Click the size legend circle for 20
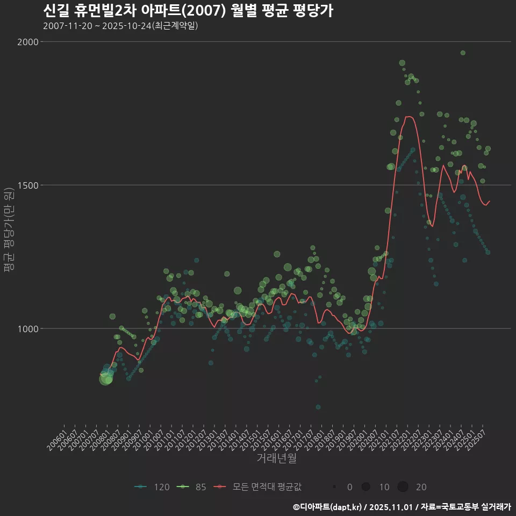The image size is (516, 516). click(x=403, y=487)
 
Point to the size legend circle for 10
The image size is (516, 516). click(x=366, y=487)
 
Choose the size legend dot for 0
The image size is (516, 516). click(x=334, y=487)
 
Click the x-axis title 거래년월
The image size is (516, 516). click(x=276, y=458)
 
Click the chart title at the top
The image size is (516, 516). click(x=188, y=11)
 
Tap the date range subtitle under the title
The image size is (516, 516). click(x=121, y=26)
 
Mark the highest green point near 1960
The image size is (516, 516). click(x=463, y=53)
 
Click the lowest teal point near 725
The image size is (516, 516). click(x=318, y=407)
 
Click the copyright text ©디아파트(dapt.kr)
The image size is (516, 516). click(x=329, y=506)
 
